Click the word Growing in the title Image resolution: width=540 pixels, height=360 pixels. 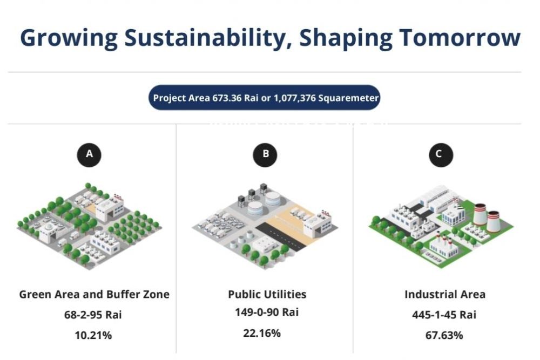69,38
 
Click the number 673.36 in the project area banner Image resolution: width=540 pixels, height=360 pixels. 227,98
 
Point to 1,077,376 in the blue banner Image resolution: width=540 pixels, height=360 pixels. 294,98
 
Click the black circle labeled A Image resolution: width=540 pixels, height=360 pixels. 89,154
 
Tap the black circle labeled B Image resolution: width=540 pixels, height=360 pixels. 265,154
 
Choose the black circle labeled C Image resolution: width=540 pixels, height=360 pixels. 441,154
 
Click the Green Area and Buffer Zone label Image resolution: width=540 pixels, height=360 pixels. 94,294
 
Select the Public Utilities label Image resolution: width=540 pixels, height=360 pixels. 267,294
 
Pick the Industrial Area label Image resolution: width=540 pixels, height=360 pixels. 445,294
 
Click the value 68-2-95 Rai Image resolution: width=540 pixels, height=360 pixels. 93,315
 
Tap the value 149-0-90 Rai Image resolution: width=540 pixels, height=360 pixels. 267,312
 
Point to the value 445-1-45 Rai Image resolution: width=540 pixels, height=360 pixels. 444,315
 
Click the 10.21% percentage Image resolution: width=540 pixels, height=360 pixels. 93,335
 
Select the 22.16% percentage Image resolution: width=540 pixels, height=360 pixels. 262,333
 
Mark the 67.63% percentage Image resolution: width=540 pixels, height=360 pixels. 444,335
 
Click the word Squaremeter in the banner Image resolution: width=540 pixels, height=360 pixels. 348,98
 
